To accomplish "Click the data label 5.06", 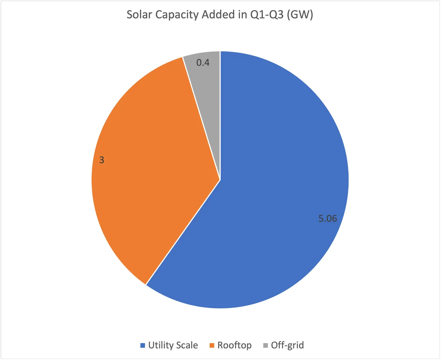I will pos(328,219).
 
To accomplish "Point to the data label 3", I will pos(102,160).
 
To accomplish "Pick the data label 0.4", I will pos(203,63).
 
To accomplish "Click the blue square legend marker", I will pos(143,345).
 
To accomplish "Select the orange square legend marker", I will pos(212,345).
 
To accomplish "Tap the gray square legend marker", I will pos(265,345).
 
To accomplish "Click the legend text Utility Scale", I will pos(173,345).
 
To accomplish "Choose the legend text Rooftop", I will pos(234,345).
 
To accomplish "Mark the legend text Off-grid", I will pos(287,345).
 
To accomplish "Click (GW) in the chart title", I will pos(300,15).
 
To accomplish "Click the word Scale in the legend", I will pos(187,345).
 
